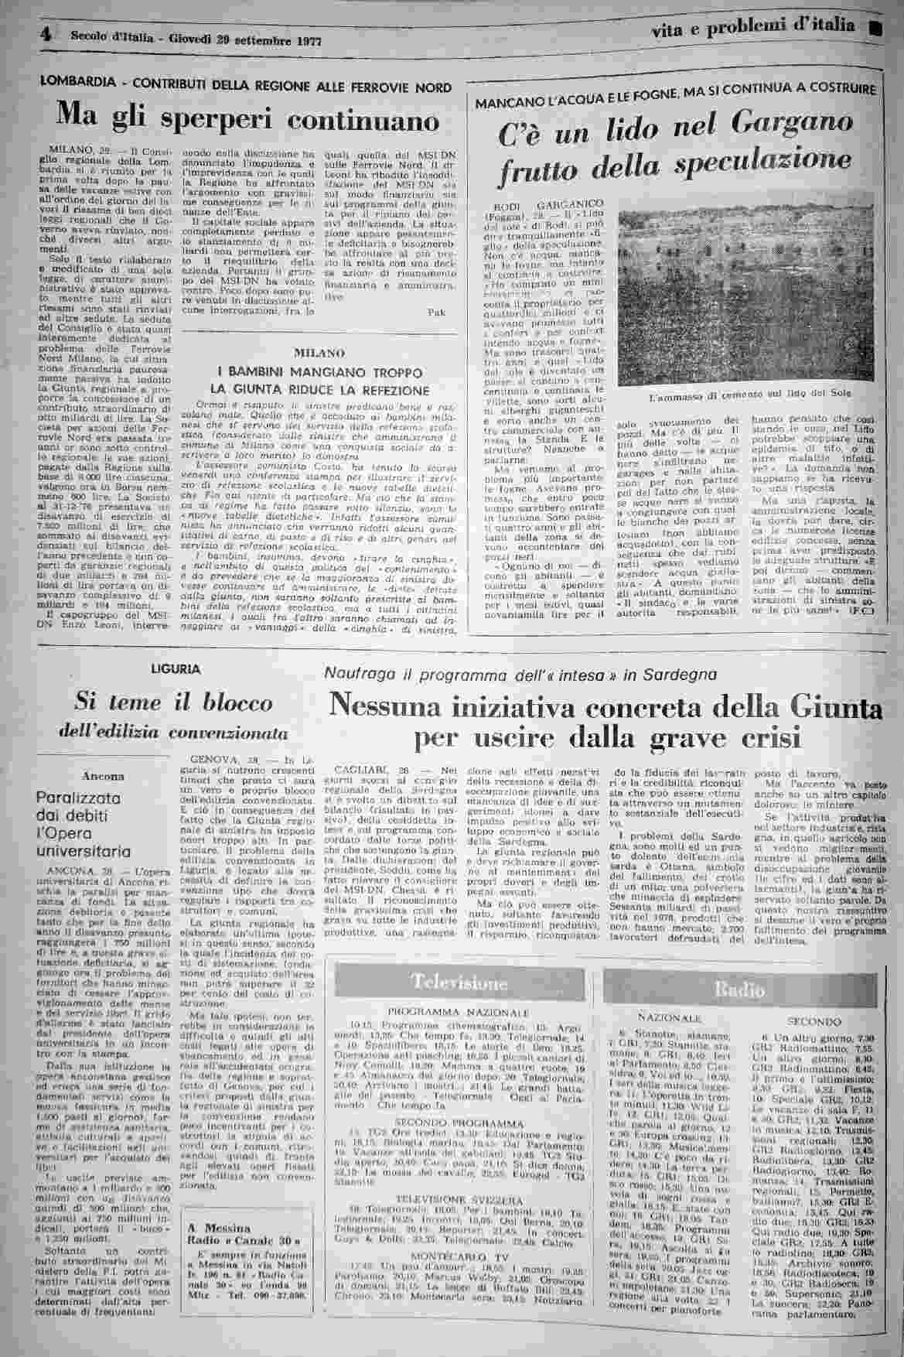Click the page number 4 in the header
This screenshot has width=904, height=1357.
pyautogui.click(x=46, y=34)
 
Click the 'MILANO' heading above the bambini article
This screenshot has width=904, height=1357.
pyautogui.click(x=319, y=353)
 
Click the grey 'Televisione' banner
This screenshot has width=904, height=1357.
pyautogui.click(x=460, y=983)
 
